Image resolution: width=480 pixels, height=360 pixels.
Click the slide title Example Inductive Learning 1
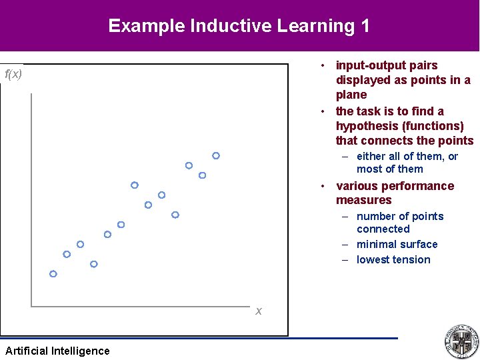[239, 26]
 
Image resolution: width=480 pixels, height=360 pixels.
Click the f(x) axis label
[13, 74]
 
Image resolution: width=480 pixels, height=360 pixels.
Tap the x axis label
[259, 311]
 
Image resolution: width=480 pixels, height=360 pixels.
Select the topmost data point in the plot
[216, 155]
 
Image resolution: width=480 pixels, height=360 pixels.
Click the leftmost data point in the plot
[53, 274]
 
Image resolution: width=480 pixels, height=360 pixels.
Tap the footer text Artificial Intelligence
[57, 351]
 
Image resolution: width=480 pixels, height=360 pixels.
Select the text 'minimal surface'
[397, 244]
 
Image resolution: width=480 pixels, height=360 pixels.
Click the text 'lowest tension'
[393, 259]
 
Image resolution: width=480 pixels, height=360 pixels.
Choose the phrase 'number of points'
[399, 216]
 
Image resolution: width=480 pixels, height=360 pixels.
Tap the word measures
[363, 200]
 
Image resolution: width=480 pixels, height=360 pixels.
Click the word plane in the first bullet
[351, 95]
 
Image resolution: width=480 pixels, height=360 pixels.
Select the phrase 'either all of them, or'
[407, 156]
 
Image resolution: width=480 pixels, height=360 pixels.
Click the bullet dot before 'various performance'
[321, 186]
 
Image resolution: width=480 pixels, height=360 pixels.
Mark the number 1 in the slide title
[364, 26]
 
